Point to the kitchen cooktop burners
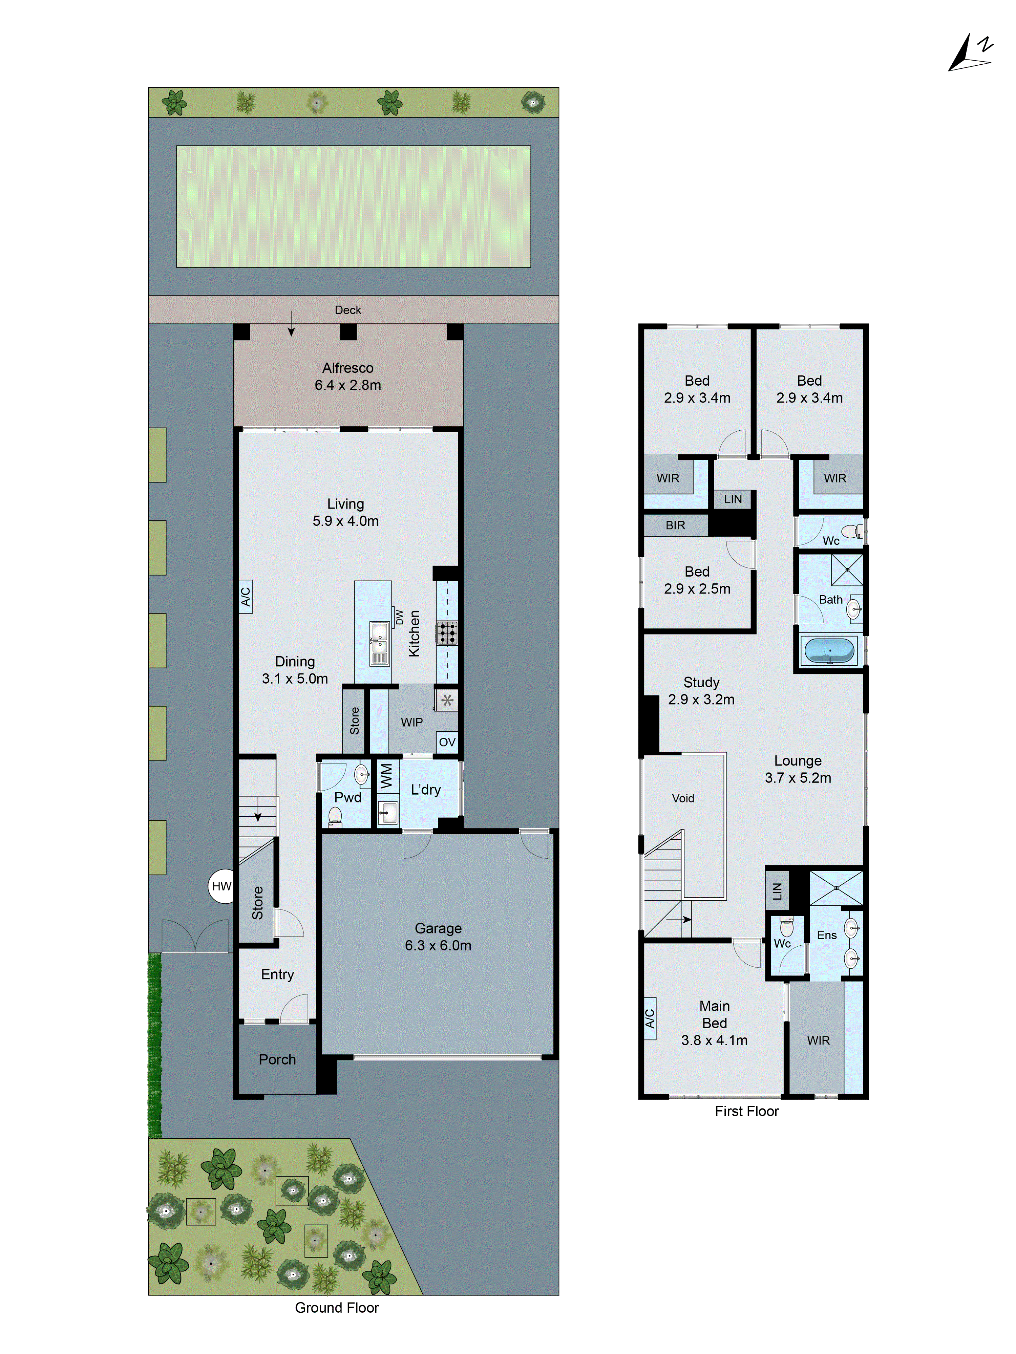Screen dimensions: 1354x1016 (446, 633)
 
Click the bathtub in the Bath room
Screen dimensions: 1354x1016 (829, 651)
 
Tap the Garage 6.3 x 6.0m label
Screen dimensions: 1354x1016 (438, 937)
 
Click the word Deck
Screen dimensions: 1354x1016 (348, 310)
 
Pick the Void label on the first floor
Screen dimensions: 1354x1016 (683, 798)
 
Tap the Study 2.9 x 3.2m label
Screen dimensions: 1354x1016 (701, 690)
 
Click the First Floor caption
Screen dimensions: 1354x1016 (746, 1111)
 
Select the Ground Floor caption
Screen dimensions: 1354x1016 (337, 1308)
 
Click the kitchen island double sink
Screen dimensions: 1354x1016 (379, 643)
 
